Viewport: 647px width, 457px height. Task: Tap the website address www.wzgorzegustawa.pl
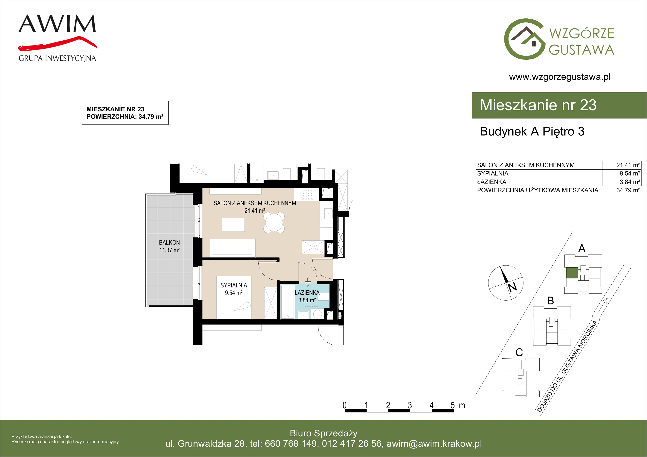(x=560, y=77)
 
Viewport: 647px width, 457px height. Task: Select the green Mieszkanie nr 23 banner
(x=559, y=105)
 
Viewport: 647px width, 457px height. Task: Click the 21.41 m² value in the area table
(x=628, y=165)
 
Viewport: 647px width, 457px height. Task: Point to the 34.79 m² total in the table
(x=628, y=190)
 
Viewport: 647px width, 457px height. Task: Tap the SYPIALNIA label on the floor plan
(x=234, y=285)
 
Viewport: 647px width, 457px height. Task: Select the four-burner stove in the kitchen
(x=307, y=194)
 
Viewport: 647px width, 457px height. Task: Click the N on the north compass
(x=512, y=287)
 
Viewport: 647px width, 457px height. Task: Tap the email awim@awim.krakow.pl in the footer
(x=434, y=444)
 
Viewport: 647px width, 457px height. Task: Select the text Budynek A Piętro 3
(x=532, y=132)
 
